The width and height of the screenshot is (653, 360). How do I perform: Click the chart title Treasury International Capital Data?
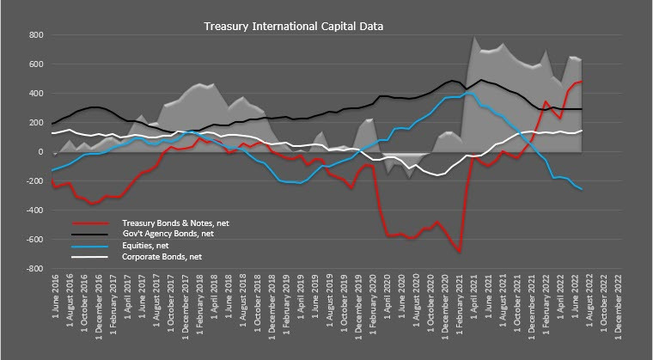pos(293,26)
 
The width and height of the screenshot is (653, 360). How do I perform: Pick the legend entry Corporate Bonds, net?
pos(161,257)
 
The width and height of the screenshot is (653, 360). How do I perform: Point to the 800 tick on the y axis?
pos(36,35)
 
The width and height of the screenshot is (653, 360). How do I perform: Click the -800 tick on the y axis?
pos(34,269)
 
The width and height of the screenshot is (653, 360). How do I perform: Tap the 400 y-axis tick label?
pos(36,94)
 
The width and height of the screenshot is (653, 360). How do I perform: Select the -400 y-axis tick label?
pos(34,211)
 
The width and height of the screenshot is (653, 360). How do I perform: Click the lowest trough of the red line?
pos(461,251)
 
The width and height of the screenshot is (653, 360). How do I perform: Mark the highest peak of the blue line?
pos(468,93)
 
